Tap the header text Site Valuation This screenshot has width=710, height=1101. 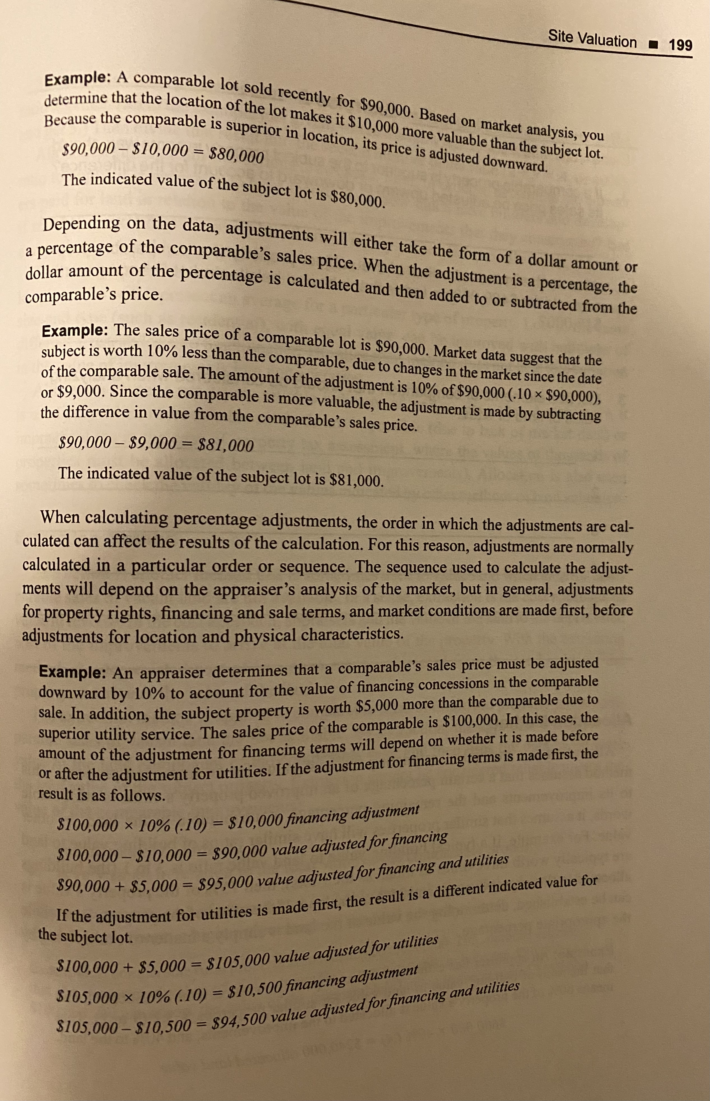click(x=592, y=40)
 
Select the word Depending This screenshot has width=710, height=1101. click(x=82, y=225)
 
